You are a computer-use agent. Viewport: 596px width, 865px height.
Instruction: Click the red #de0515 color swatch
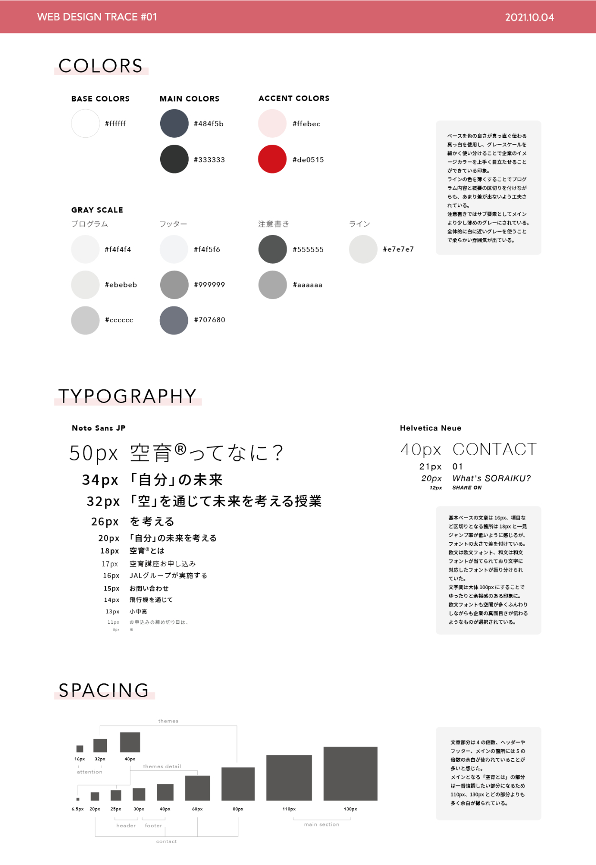tap(272, 159)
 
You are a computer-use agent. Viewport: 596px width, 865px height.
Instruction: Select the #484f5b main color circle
tap(174, 123)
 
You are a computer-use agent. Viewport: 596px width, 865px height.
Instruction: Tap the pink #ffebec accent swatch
tap(272, 123)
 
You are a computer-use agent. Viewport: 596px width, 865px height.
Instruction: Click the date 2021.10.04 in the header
tap(529, 18)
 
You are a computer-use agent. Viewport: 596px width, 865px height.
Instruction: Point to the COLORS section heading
tap(101, 66)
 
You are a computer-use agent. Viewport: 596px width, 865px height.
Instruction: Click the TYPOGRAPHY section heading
tap(127, 397)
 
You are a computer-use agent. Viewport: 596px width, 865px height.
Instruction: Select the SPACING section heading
tap(104, 691)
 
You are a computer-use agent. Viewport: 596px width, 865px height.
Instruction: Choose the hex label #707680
tap(209, 320)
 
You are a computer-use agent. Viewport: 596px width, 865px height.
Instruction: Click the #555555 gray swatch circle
tap(272, 249)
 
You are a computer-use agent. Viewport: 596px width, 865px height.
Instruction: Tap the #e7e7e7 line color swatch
tap(363, 249)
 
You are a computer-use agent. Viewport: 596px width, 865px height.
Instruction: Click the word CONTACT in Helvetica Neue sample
tap(494, 449)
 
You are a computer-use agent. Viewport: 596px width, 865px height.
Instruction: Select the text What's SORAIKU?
tap(491, 478)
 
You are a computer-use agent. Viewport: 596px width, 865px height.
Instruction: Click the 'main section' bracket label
tap(322, 824)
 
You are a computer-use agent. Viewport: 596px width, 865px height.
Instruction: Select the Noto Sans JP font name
tap(99, 428)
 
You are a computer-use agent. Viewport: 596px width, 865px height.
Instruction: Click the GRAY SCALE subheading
tap(97, 210)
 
